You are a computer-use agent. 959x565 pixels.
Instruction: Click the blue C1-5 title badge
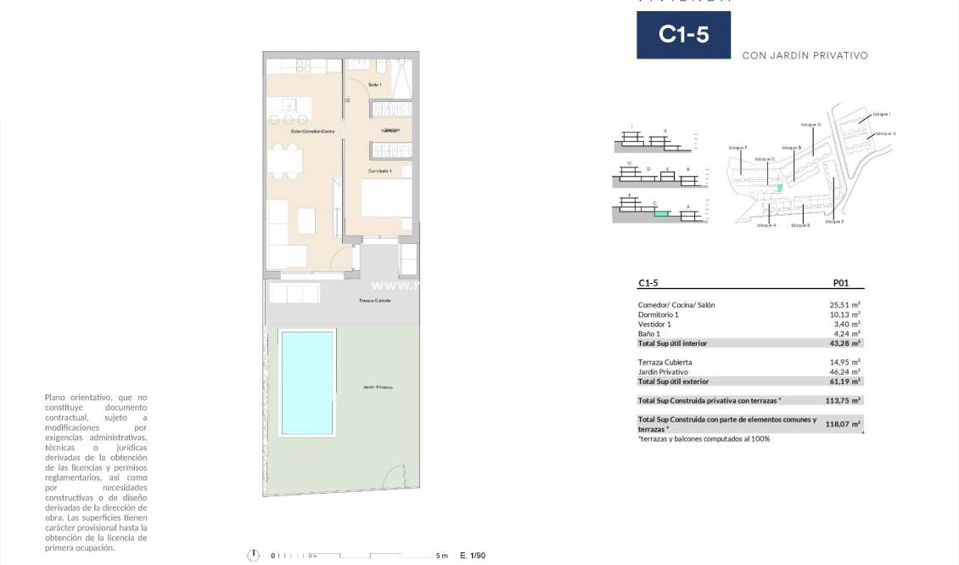click(683, 35)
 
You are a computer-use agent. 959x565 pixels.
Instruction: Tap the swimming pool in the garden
click(306, 382)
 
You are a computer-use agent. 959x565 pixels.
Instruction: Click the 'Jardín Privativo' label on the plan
click(377, 387)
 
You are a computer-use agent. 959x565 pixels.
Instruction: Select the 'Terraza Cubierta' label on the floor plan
click(374, 301)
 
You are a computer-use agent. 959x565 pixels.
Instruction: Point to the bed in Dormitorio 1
click(387, 198)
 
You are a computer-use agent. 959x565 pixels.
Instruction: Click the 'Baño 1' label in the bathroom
click(375, 85)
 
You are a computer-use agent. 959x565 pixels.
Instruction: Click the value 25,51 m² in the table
click(844, 305)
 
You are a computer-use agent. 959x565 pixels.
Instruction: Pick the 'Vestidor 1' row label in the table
click(654, 324)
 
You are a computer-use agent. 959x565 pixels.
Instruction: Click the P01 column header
click(840, 284)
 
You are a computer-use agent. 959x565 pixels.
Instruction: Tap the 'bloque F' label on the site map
click(737, 148)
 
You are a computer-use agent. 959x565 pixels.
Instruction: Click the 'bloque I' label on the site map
click(882, 114)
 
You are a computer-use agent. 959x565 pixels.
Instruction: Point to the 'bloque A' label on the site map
click(766, 225)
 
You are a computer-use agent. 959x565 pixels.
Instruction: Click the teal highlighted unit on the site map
click(779, 187)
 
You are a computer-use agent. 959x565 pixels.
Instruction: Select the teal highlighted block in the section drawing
click(660, 214)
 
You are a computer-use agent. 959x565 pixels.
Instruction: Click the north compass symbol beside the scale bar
click(253, 555)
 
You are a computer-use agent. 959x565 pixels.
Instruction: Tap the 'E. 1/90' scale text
click(472, 556)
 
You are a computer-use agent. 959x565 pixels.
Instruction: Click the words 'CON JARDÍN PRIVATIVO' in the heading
click(805, 55)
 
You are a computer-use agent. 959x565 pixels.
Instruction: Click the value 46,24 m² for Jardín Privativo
click(844, 372)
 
